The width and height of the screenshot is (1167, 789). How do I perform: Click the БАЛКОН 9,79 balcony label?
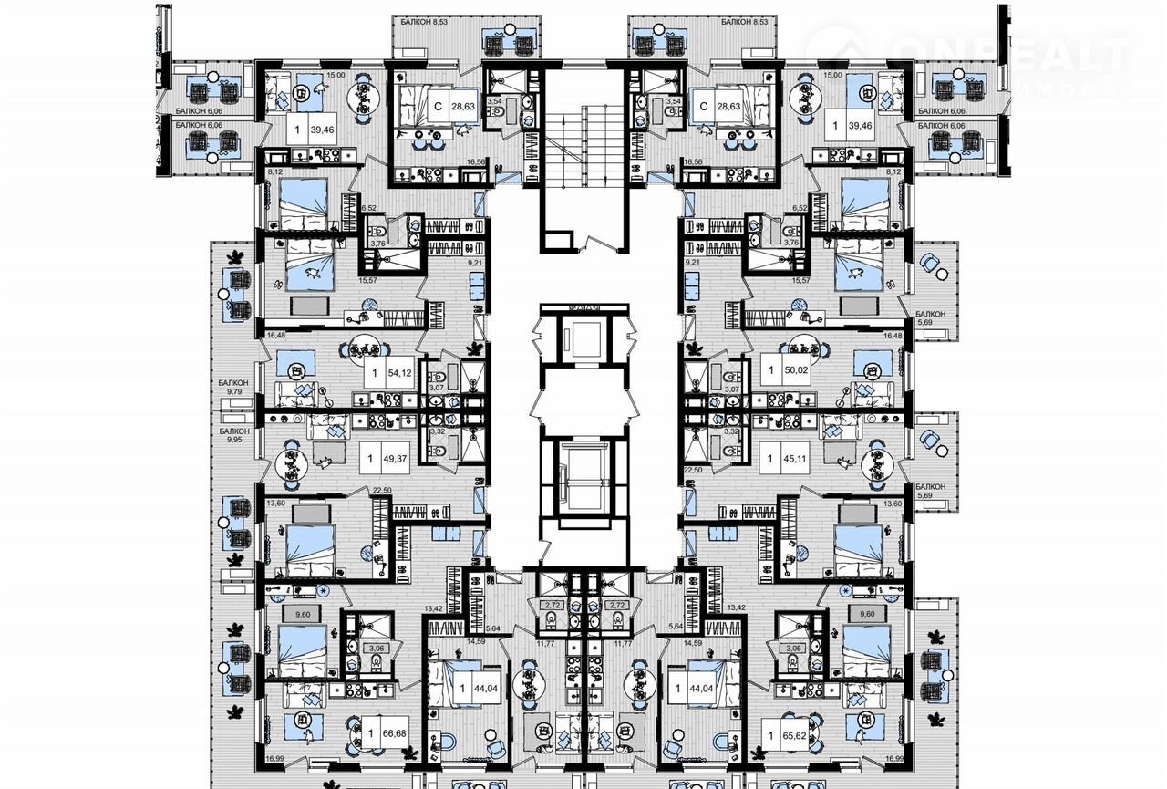click(233, 389)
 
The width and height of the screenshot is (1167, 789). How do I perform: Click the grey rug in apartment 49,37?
click(329, 453)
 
